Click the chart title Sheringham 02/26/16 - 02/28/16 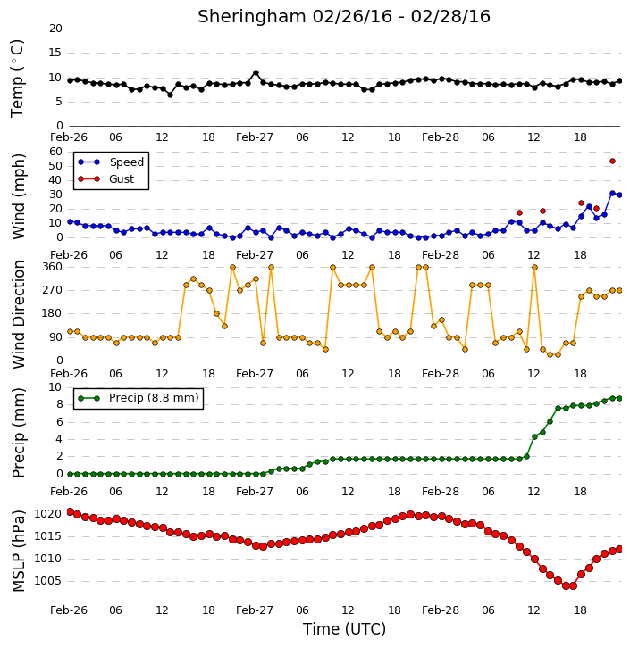click(x=344, y=16)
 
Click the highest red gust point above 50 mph click(x=613, y=162)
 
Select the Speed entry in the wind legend click(x=111, y=162)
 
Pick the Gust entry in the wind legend click(x=105, y=179)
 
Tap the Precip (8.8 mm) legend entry click(x=138, y=398)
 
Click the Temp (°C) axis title click(x=17, y=78)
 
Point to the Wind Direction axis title click(x=18, y=314)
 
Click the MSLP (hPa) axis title click(x=18, y=551)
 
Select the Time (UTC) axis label click(x=344, y=629)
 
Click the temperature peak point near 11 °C click(x=256, y=73)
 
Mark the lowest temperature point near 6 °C click(x=170, y=95)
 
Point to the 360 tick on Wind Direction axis click(x=53, y=267)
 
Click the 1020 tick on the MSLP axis click(x=47, y=514)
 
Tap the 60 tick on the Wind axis click(x=55, y=152)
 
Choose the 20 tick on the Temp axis click(x=55, y=29)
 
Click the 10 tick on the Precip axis click(x=55, y=387)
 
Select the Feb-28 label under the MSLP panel click(x=441, y=610)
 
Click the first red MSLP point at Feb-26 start click(x=70, y=512)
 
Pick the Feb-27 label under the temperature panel click(x=255, y=137)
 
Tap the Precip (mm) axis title click(x=18, y=433)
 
